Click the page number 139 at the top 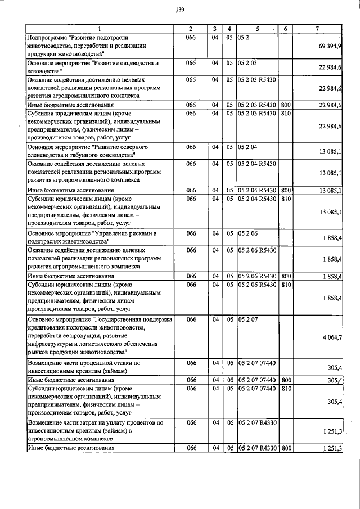(x=180, y=9)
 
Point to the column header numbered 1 (x=99, y=29)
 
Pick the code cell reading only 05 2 (x=244, y=37)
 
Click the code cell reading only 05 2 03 (x=247, y=64)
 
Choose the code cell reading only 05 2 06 (x=247, y=233)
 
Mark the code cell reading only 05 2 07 (x=247, y=319)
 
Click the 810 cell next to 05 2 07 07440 (x=285, y=389)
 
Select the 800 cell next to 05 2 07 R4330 (x=285, y=448)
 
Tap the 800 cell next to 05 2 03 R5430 (x=285, y=105)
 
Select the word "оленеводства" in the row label (x=48, y=154)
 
